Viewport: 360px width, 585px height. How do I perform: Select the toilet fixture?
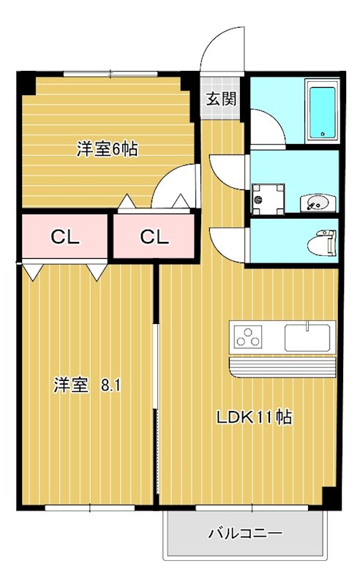point(321,241)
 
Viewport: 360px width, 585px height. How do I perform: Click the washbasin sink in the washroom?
point(316,203)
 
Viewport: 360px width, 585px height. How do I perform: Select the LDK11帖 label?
point(253,418)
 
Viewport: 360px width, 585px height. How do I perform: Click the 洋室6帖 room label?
point(108,150)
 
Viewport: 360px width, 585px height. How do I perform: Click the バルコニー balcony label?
point(244,534)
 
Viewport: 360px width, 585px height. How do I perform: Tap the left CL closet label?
point(65,237)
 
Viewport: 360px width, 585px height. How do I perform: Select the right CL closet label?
point(154,237)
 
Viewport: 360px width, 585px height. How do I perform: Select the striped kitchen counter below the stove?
point(282,365)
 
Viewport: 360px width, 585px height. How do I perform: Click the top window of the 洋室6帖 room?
point(110,73)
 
